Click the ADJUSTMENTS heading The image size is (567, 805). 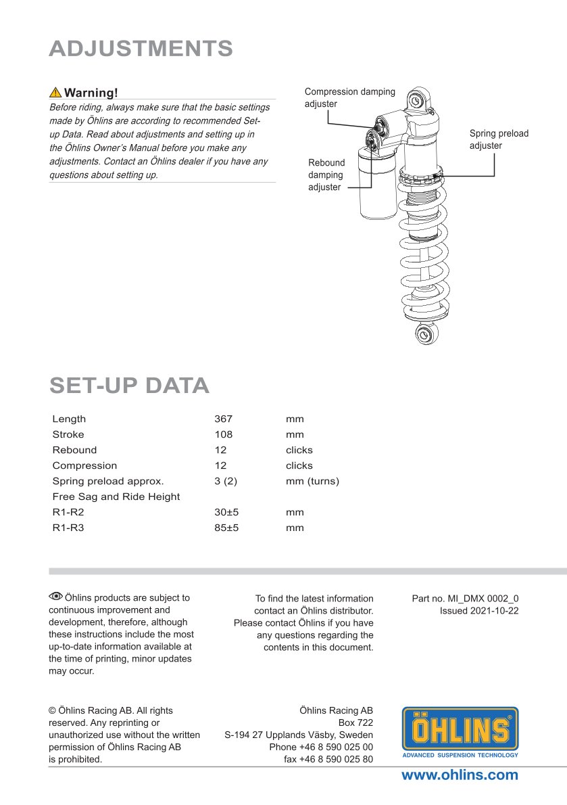click(x=141, y=49)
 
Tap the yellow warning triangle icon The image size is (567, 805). click(x=55, y=93)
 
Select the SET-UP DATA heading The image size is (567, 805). click(x=129, y=385)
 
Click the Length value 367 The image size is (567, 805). click(x=223, y=419)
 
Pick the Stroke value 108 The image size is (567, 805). click(x=223, y=435)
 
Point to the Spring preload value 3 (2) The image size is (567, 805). click(x=226, y=482)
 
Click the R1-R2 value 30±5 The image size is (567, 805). click(x=226, y=512)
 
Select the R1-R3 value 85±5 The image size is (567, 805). click(x=226, y=528)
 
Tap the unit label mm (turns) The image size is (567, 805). click(x=312, y=482)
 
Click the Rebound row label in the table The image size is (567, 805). click(x=74, y=451)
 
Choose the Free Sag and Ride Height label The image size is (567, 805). click(x=116, y=497)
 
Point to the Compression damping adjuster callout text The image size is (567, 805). click(x=349, y=97)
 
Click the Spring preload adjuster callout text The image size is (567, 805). click(x=499, y=139)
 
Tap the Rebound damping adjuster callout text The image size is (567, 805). click(x=326, y=175)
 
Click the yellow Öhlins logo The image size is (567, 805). click(x=460, y=732)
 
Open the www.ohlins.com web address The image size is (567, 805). click(x=460, y=775)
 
